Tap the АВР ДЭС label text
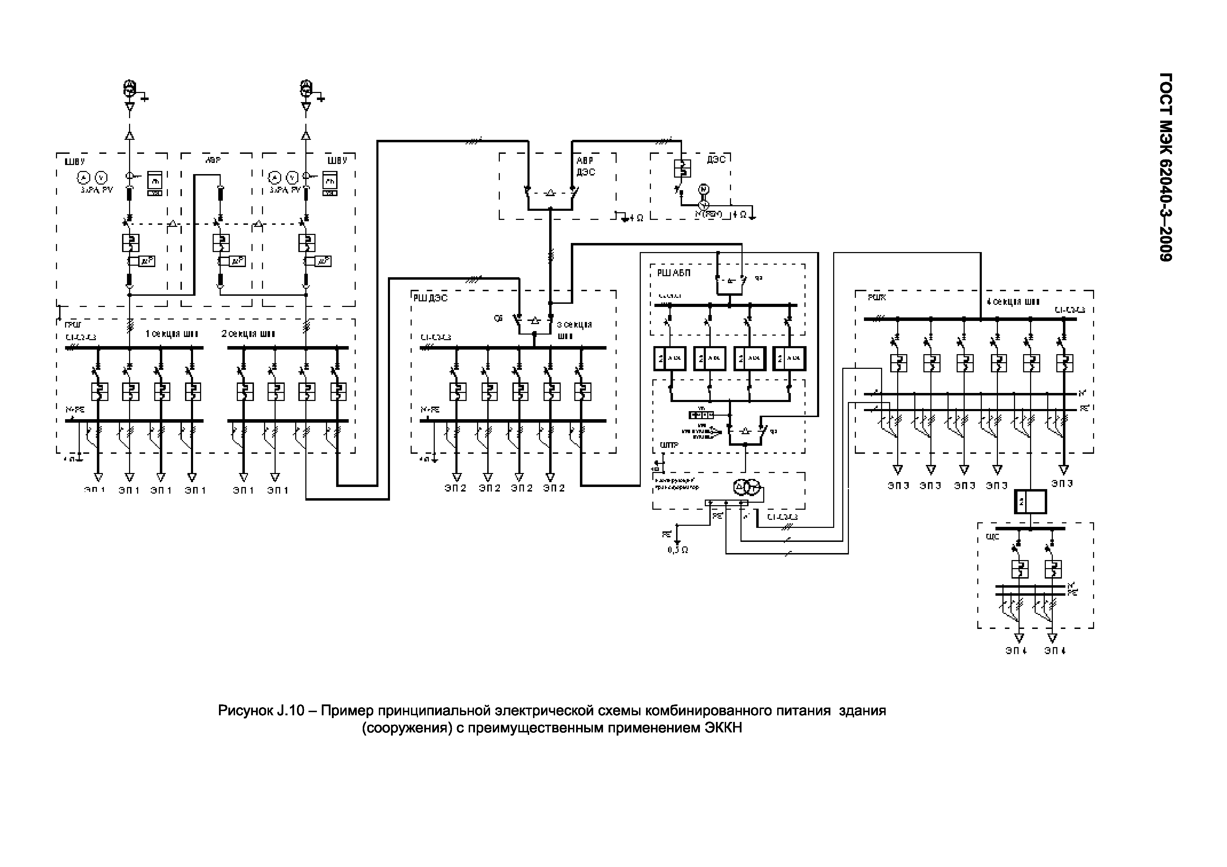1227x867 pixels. click(x=586, y=166)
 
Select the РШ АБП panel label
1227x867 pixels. click(x=673, y=273)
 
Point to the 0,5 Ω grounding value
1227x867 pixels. click(x=678, y=550)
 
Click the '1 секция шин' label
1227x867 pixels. click(x=171, y=334)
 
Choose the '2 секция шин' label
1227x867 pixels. click(x=248, y=334)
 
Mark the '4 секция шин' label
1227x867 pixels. click(x=1013, y=302)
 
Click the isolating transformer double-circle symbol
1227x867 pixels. click(x=746, y=487)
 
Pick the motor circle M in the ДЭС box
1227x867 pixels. click(x=704, y=189)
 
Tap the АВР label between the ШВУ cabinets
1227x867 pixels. click(x=213, y=160)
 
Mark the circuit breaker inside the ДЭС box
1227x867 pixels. click(x=682, y=168)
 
